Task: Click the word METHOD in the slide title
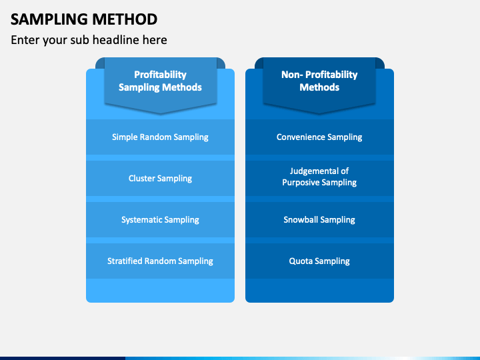coord(125,19)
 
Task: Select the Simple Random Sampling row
coord(160,137)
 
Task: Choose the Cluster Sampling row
coord(160,178)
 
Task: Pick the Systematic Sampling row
coord(160,219)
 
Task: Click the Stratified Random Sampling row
coord(160,261)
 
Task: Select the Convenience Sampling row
coord(319,137)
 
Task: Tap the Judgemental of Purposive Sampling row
coord(319,178)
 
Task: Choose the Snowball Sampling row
coord(319,219)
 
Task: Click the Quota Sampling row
coord(319,261)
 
